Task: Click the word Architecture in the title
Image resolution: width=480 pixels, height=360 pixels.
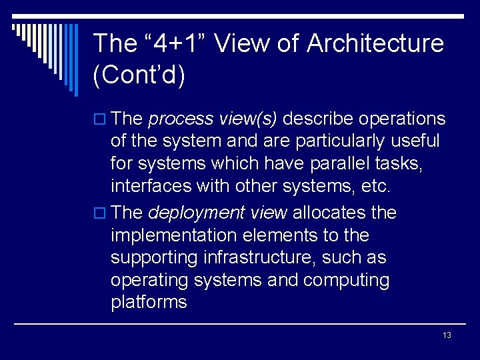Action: coord(375,44)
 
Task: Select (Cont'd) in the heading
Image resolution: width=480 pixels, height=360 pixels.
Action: coord(139,75)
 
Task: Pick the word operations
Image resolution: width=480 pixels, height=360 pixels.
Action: coord(402,119)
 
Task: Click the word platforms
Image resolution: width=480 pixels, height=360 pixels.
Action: coord(149,302)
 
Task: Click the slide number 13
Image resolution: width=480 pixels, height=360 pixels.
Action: coord(446,335)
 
